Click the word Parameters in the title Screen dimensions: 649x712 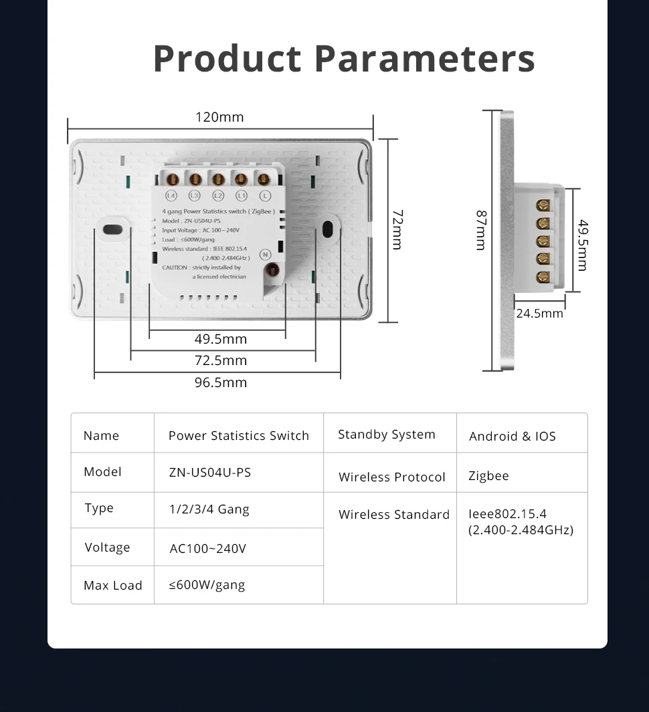424,58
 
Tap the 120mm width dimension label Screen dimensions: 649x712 219,118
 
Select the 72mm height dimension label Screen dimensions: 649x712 397,229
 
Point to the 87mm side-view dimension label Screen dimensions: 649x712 480,231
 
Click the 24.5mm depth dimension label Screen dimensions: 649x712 539,313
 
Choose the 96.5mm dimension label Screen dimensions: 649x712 221,382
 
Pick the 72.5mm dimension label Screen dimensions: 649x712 221,360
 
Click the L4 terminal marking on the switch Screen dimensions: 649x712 171,196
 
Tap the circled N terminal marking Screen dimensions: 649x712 265,254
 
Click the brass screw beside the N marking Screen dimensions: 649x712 272,270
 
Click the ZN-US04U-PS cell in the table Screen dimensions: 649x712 210,472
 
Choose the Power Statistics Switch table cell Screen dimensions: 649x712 239,436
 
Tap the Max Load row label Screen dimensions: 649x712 113,586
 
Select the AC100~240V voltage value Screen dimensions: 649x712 208,549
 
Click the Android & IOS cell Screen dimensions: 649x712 513,436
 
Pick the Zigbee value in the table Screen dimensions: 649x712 488,476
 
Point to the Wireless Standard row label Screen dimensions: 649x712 394,515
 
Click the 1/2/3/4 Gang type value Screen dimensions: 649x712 209,509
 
